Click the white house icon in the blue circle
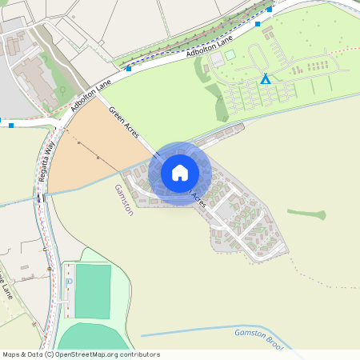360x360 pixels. [180, 172]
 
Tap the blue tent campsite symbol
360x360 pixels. [265, 78]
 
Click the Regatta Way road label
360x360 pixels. [50, 158]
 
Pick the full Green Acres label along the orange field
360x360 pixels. [124, 125]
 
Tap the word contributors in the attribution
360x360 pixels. [138, 354]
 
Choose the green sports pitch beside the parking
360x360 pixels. [93, 291]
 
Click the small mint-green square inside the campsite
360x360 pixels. [230, 54]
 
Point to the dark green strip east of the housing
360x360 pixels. [306, 214]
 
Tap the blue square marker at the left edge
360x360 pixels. [11, 125]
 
